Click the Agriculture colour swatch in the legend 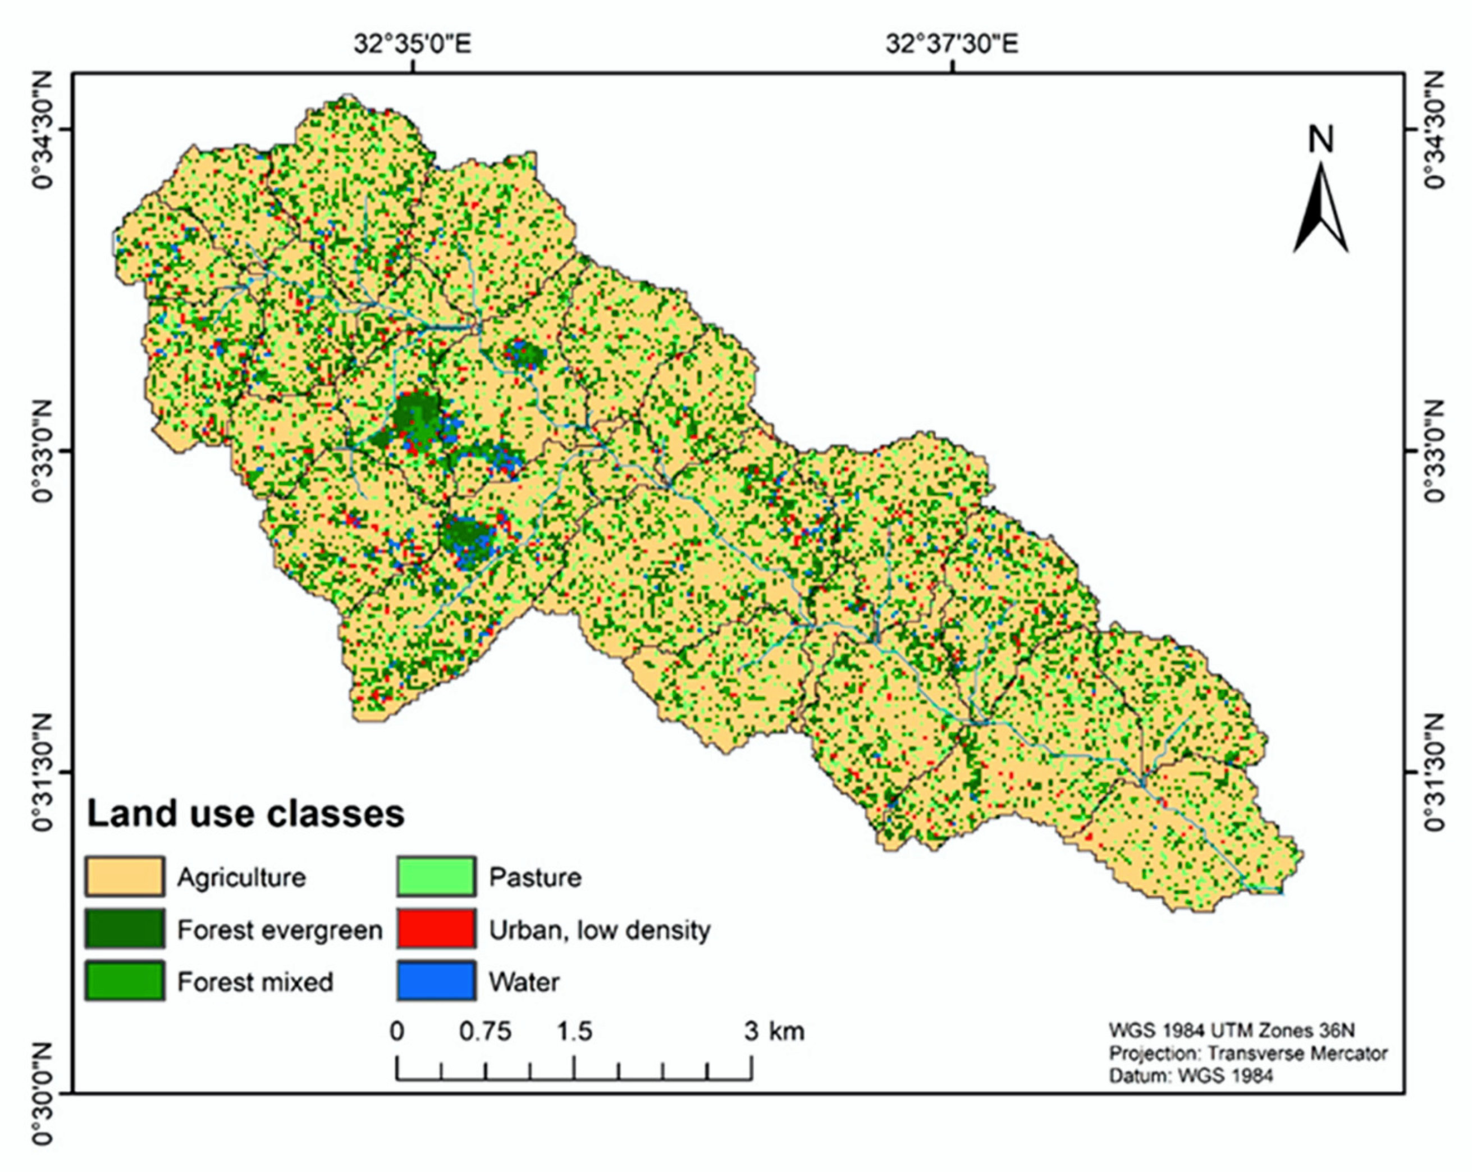pos(124,876)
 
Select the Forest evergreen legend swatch pos(124,929)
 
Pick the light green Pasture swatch pos(436,876)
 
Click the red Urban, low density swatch pos(436,929)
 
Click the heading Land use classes pos(245,814)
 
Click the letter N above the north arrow pos(1320,140)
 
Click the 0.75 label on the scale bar pos(484,1031)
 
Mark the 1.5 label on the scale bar pos(574,1031)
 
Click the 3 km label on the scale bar pos(774,1031)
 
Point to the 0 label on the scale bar pos(397,1031)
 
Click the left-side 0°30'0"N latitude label pos(42,1093)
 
